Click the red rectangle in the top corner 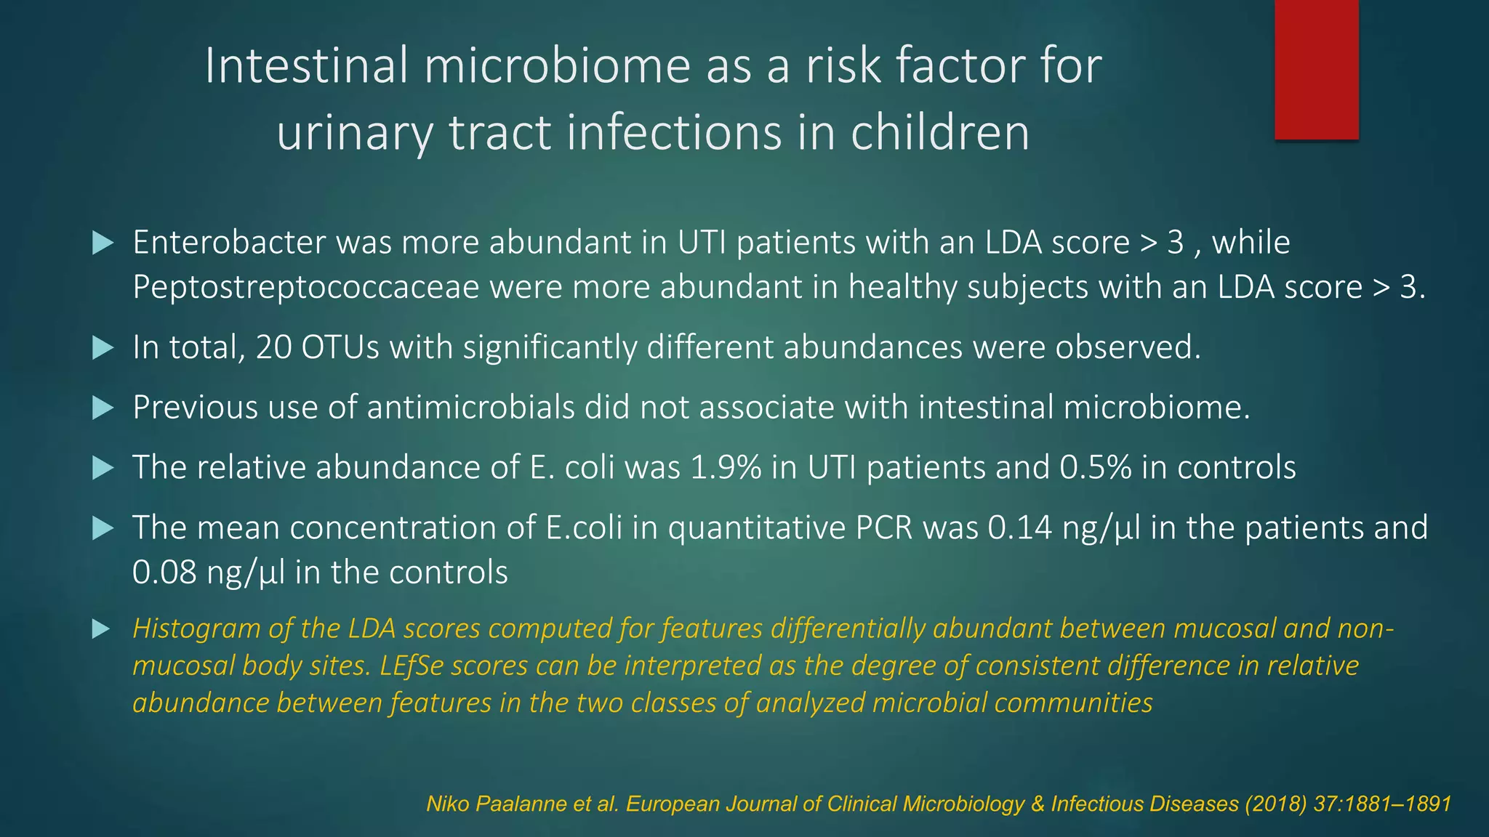click(1316, 69)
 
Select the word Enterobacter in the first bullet click(228, 242)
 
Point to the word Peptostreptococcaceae click(305, 287)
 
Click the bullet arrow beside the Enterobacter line click(103, 243)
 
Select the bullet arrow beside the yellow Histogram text click(101, 629)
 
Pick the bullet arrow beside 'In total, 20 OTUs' click(103, 348)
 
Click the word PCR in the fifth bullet click(883, 527)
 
